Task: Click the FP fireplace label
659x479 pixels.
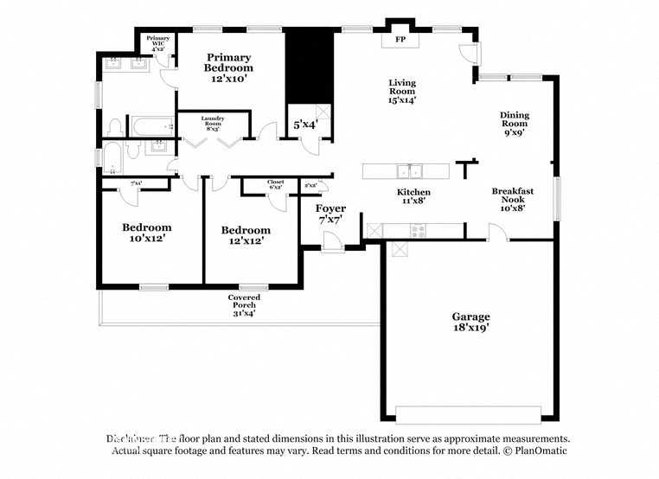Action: [x=400, y=41]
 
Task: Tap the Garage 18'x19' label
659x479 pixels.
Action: [x=471, y=323]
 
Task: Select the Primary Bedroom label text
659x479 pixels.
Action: [x=228, y=67]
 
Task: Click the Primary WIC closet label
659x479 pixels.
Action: [x=158, y=43]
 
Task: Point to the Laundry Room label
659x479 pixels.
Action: [x=213, y=122]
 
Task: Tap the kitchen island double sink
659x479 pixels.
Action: [x=408, y=170]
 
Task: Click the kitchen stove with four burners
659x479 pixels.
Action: [x=418, y=230]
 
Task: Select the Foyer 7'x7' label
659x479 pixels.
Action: [x=330, y=214]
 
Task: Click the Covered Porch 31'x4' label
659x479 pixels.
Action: [x=244, y=305]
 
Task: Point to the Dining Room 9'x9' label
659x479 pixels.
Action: [x=514, y=124]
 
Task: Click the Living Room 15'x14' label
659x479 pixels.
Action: [x=402, y=91]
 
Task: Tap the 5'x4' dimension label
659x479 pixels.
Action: [x=305, y=125]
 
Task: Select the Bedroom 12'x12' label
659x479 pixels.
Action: [x=246, y=235]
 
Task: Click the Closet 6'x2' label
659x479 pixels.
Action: [x=276, y=184]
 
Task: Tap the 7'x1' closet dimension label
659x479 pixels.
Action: [x=136, y=183]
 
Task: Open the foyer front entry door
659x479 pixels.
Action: [x=331, y=246]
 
